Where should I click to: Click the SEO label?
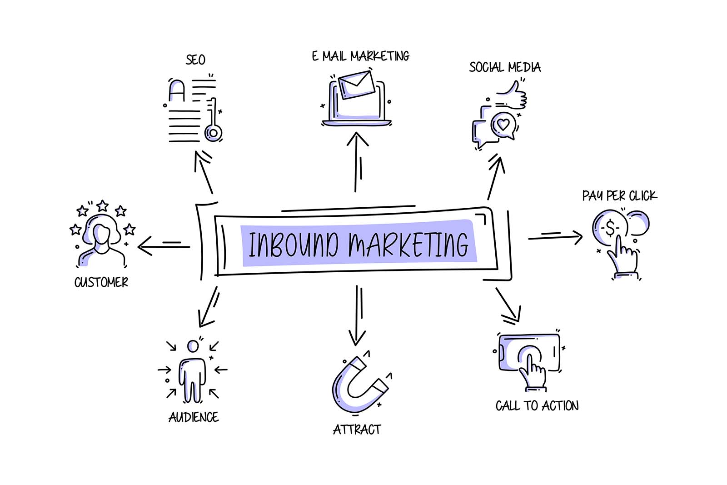[195, 60]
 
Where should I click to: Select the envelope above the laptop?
[356, 85]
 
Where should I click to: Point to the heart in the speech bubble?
[503, 125]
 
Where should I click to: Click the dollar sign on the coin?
[610, 228]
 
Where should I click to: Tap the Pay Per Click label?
[619, 196]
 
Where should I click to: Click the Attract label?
[357, 430]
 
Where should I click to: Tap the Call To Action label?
[537, 406]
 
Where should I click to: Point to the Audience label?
[194, 417]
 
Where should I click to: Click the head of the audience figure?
[193, 346]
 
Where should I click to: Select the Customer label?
[101, 282]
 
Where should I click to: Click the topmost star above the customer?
[103, 205]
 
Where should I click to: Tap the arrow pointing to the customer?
[164, 246]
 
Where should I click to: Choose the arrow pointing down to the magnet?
[357, 315]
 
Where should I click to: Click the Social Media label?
[505, 67]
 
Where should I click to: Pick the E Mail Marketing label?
[361, 56]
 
